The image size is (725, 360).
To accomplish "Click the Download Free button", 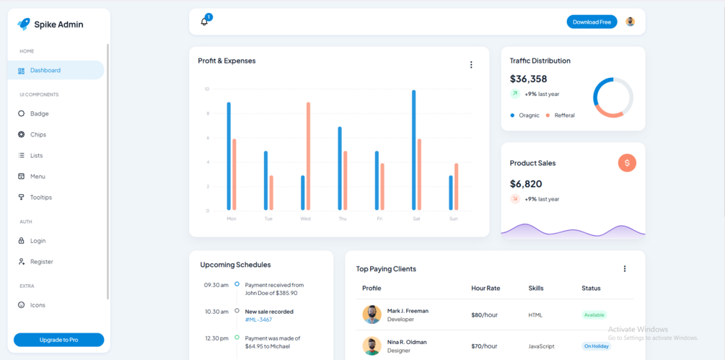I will point(592,22).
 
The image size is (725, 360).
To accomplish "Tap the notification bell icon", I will point(204,22).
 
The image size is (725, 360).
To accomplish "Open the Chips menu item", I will point(38,134).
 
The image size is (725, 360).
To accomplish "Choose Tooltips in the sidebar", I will point(40,197).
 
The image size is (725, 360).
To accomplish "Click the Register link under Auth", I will point(41,261).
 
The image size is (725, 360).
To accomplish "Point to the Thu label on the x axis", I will point(342,219).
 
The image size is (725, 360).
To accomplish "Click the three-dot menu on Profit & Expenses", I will point(471,65).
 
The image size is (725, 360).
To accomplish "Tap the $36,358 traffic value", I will point(528,79).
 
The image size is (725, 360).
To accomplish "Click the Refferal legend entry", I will point(564,115).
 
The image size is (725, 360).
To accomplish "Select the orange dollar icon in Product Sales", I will point(627,163).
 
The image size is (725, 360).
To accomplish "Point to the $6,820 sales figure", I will point(526,184).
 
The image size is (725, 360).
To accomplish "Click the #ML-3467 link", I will point(258,320).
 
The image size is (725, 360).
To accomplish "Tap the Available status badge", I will point(594,315).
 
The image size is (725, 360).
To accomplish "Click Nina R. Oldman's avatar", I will point(372,346).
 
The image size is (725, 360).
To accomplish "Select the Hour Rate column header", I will point(485,288).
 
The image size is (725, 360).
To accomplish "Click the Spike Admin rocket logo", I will point(24,24).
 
